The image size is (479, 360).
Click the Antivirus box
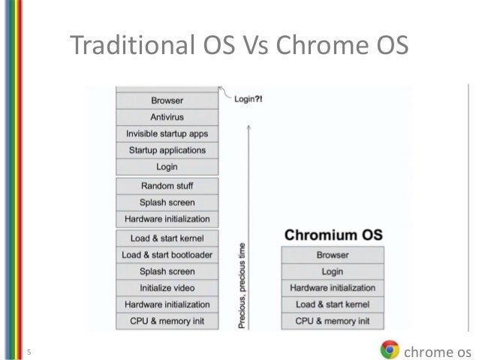[167, 116]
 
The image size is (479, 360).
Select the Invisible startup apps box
[167, 134]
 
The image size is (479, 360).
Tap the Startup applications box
[167, 150]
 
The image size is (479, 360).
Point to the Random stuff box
[167, 185]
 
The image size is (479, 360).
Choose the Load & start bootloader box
[167, 255]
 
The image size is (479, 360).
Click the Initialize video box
[167, 288]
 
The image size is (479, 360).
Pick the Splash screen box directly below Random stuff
[167, 202]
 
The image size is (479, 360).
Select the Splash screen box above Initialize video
[167, 271]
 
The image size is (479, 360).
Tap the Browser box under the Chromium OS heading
[333, 255]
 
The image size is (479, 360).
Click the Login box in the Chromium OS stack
[333, 271]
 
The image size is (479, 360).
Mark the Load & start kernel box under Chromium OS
[333, 304]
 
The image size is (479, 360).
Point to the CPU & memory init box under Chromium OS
[333, 321]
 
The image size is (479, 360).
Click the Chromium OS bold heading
[333, 234]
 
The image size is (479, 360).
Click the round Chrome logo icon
[390, 349]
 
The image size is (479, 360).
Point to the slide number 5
[29, 351]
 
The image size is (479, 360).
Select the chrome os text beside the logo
[437, 350]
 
